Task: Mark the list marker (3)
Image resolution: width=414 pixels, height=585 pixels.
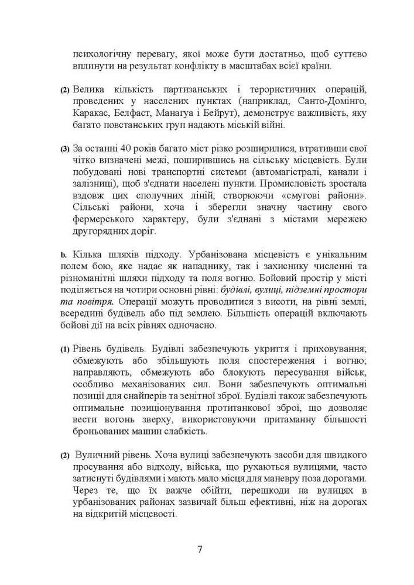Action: click(65, 150)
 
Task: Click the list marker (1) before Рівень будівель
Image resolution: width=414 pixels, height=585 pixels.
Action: click(65, 349)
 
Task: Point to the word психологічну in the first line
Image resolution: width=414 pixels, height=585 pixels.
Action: click(103, 54)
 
